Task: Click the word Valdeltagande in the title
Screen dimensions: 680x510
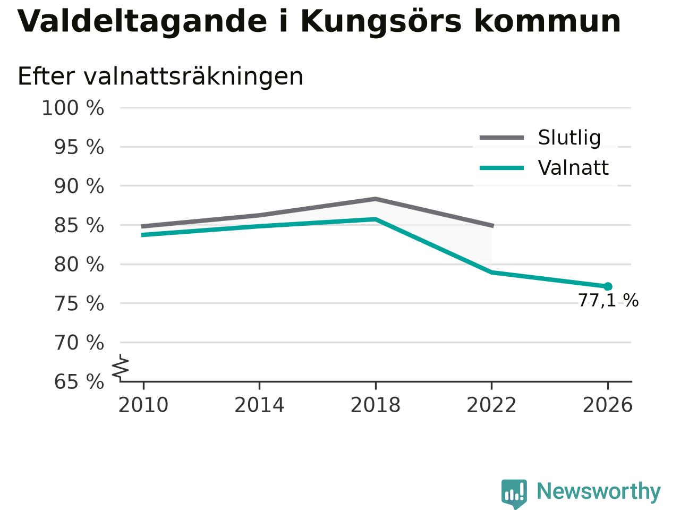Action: tap(142, 22)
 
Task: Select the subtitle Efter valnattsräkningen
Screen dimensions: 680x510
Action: tap(160, 76)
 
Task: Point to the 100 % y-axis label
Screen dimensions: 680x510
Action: tap(73, 108)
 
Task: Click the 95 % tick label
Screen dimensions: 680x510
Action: tap(79, 147)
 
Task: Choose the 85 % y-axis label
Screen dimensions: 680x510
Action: tap(79, 225)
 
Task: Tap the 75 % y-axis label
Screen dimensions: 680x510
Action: tap(79, 303)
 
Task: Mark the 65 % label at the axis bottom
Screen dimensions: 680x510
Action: tap(79, 381)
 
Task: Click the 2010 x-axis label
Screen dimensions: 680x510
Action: tap(143, 405)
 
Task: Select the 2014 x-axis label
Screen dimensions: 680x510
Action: tap(259, 405)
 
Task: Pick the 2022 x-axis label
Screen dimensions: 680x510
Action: tap(491, 405)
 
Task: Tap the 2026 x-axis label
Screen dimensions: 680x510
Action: tap(608, 405)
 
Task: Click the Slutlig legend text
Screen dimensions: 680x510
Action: tap(569, 138)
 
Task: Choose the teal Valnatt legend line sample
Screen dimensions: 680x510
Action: tap(502, 168)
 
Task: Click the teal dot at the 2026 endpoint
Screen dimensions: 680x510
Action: tap(608, 286)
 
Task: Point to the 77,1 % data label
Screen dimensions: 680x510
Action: tap(609, 300)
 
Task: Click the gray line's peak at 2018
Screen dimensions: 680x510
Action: tap(376, 199)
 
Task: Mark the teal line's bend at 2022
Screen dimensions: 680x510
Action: tap(491, 272)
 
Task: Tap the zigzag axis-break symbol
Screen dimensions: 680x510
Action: tap(120, 367)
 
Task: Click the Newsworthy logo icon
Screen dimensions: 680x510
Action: tap(514, 494)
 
